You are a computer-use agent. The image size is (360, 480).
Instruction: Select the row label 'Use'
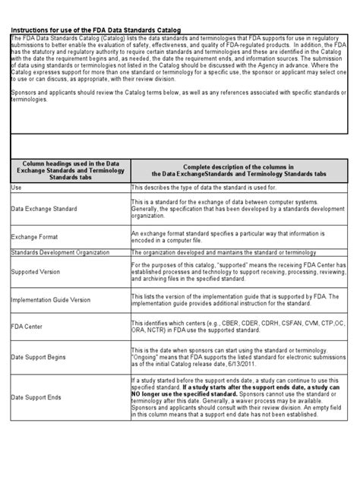click(17, 186)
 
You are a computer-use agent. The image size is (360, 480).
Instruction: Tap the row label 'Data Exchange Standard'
click(44, 207)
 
